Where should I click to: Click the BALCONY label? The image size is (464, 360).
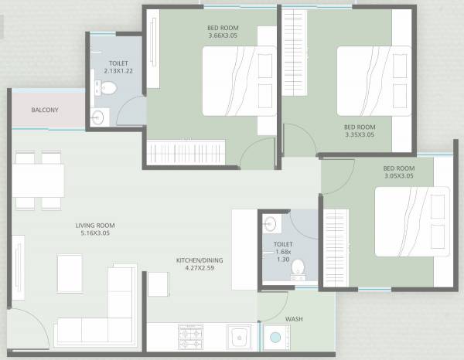[45, 110]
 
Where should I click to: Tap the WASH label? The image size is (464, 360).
[294, 319]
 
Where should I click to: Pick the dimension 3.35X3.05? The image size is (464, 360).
[360, 134]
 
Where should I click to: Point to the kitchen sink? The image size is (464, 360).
[238, 337]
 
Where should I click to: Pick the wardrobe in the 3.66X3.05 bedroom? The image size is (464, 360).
[186, 149]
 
